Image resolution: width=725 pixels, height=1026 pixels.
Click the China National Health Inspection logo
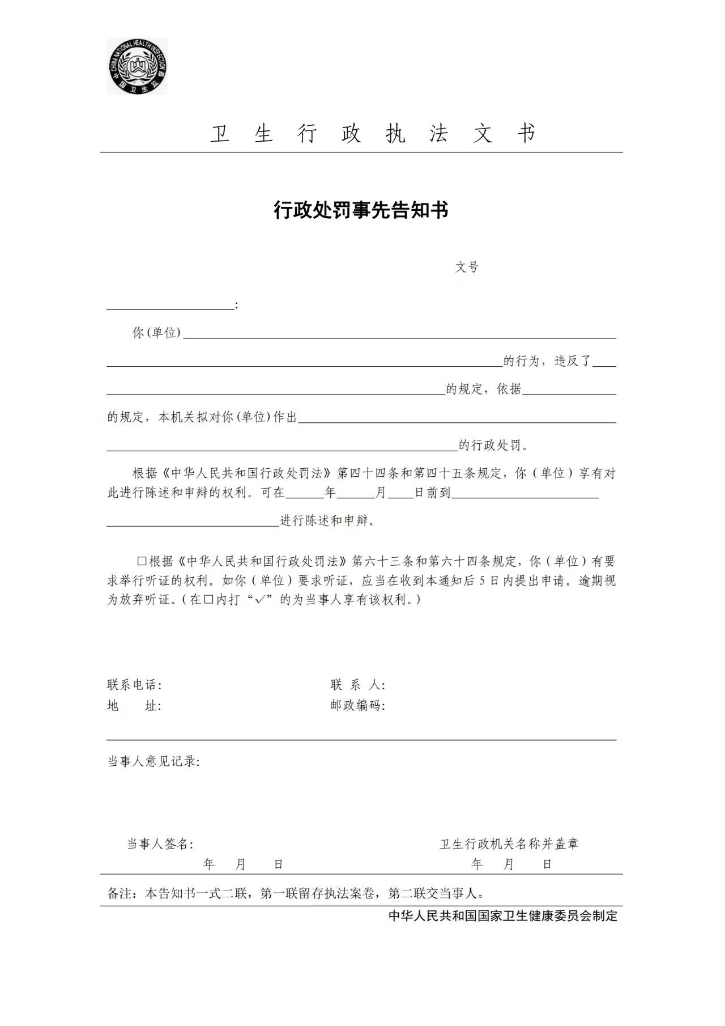point(137,66)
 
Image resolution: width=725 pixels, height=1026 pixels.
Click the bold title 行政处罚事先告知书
point(361,210)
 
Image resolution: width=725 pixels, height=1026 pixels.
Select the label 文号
point(467,267)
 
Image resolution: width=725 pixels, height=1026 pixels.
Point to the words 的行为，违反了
point(547,361)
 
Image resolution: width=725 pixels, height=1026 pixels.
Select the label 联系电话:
point(134,685)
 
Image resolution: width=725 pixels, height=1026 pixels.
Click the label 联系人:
point(358,685)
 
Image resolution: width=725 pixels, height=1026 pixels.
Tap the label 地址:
point(134,706)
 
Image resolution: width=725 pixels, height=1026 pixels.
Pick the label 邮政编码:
point(358,706)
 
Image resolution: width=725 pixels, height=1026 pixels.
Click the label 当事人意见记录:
point(153,761)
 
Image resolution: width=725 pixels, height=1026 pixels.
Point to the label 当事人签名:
point(160,844)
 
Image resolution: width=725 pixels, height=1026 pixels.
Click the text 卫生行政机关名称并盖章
point(509,844)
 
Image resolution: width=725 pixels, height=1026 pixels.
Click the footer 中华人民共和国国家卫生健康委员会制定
point(503,915)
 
